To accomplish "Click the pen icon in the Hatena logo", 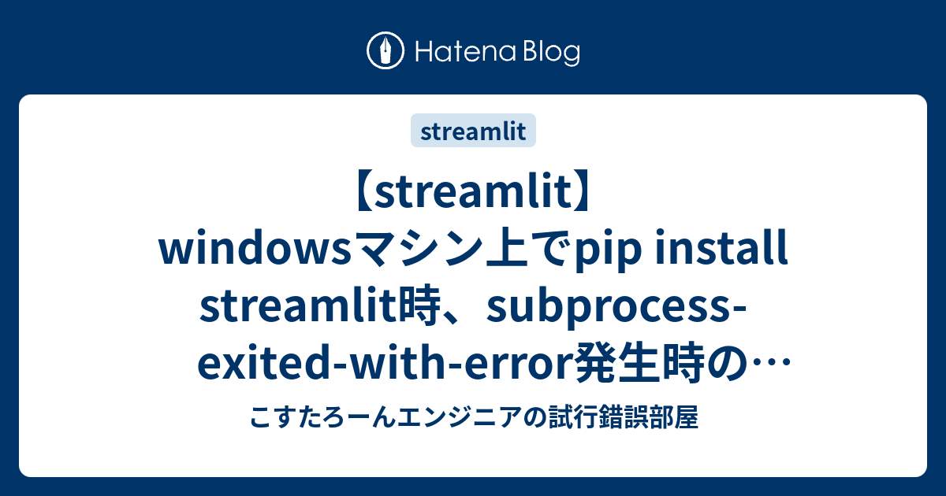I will (385, 51).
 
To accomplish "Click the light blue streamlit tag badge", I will (473, 131).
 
